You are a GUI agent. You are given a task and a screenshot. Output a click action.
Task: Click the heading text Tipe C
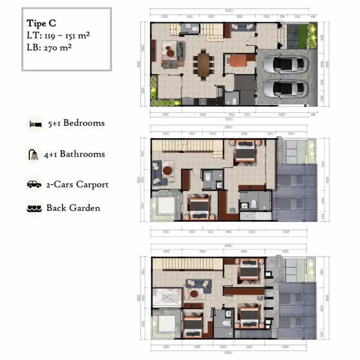click(x=42, y=24)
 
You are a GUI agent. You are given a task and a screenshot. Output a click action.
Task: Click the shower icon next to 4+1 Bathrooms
click(x=34, y=154)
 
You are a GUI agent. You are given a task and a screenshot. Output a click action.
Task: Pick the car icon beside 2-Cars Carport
click(x=34, y=184)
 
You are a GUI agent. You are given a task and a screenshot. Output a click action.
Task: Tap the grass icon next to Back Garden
click(x=34, y=208)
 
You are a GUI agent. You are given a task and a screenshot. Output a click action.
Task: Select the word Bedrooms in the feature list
click(x=84, y=123)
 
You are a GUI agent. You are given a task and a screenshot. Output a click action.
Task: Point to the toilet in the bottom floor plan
click(x=227, y=323)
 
